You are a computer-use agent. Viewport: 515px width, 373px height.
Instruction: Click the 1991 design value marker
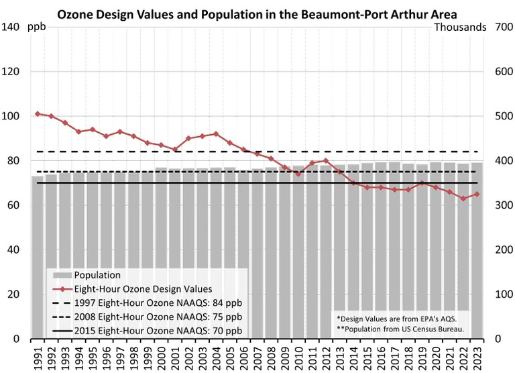(38, 114)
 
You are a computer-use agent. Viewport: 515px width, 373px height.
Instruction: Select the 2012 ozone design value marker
(326, 160)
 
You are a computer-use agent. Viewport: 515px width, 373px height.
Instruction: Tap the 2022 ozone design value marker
(463, 199)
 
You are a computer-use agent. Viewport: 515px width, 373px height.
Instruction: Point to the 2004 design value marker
(216, 134)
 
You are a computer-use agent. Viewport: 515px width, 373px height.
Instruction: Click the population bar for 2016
(381, 255)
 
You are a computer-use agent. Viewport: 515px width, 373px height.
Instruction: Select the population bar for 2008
(271, 255)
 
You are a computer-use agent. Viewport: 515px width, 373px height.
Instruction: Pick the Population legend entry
(97, 275)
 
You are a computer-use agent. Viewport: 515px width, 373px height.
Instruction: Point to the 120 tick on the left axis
(14, 72)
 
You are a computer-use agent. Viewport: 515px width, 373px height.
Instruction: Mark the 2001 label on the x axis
(175, 356)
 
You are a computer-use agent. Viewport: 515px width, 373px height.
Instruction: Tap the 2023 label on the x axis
(477, 356)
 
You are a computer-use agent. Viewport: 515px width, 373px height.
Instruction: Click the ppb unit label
(37, 27)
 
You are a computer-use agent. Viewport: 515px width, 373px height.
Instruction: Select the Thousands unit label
(460, 27)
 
